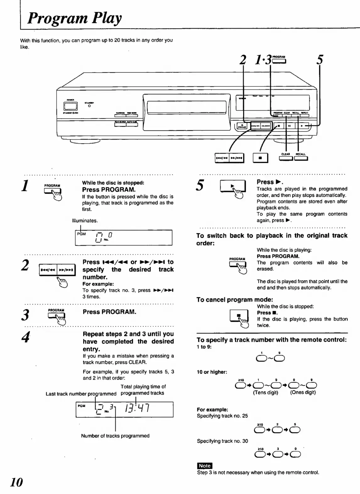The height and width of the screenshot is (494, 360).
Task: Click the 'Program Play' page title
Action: (74, 18)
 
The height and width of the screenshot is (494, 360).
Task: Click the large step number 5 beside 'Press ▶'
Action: (200, 185)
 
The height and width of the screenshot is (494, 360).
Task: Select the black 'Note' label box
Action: (205, 466)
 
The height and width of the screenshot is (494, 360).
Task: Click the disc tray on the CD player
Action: (186, 107)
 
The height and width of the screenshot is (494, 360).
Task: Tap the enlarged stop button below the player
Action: (260, 158)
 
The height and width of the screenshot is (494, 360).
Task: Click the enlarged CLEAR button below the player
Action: (286, 158)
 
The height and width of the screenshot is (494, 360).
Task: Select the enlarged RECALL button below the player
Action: (301, 158)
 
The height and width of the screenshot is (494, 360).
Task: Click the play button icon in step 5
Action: (232, 186)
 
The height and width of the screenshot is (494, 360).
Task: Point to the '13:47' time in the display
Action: (137, 409)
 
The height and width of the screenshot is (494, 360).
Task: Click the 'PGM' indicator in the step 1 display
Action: (81, 234)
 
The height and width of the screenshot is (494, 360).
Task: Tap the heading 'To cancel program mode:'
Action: (235, 299)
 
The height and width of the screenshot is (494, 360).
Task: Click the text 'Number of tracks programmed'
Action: (115, 436)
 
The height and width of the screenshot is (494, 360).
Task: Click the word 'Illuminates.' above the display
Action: (85, 221)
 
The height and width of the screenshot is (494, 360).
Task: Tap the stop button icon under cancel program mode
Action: (239, 316)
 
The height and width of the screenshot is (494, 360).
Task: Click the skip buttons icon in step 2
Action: (57, 270)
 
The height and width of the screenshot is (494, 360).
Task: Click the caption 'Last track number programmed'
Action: (81, 394)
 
